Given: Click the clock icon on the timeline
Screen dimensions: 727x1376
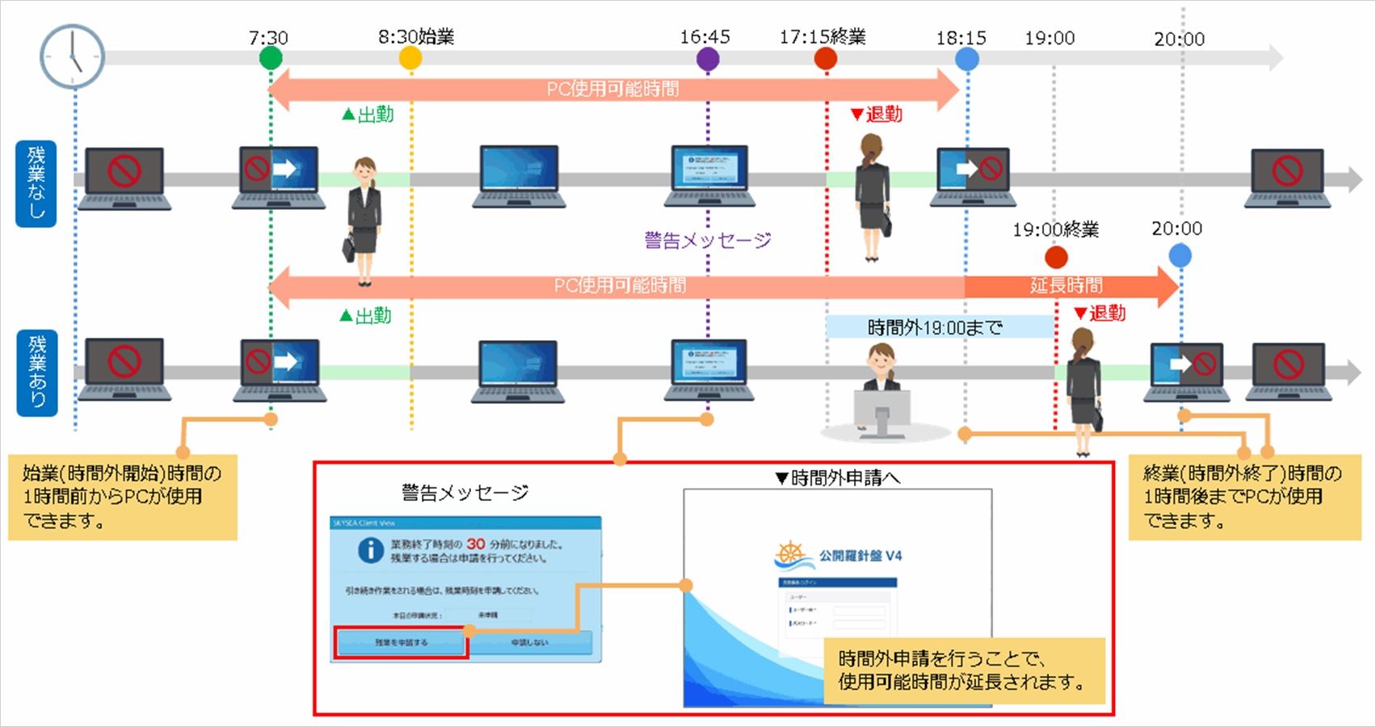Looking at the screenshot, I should tap(72, 57).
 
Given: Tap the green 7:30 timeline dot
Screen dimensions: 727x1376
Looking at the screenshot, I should tap(271, 58).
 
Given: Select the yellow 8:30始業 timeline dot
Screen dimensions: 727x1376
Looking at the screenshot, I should tap(410, 58).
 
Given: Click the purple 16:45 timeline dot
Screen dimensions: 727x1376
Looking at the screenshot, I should tap(708, 58).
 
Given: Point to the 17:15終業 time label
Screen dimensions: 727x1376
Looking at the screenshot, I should tap(823, 37).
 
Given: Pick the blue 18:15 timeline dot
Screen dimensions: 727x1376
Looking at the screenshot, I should tap(967, 58).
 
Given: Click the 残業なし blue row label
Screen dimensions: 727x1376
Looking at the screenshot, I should tap(36, 183).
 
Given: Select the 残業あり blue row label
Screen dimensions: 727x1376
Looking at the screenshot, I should tap(37, 372).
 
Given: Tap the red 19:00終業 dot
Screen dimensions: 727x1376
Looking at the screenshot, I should tap(1056, 257).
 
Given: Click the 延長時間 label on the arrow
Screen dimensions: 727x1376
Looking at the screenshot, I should tap(1066, 285).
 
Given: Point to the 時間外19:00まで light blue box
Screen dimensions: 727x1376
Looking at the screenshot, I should tap(938, 327).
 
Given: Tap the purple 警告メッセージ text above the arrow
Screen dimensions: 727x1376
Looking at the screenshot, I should tap(708, 240).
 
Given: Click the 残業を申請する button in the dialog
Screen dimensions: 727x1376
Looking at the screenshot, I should tap(402, 643).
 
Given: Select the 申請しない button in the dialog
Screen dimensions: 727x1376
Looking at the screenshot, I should tap(530, 643).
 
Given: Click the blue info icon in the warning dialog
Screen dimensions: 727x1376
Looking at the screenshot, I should tap(370, 551).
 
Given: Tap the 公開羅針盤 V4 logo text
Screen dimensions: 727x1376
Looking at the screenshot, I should tap(860, 556).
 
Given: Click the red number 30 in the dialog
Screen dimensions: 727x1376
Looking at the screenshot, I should tap(476, 544).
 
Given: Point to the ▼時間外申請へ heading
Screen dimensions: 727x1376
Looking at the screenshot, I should tap(837, 478).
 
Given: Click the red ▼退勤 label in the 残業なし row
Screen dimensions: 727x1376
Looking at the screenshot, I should tap(877, 115).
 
